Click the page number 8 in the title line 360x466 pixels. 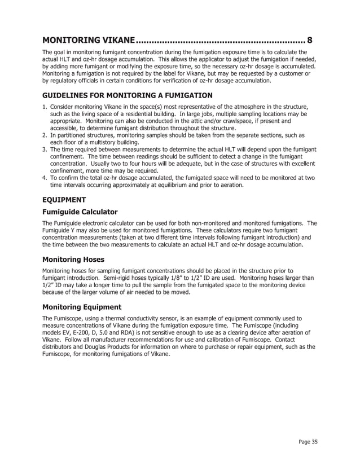click(309, 41)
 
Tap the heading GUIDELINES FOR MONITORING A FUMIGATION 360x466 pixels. click(128, 95)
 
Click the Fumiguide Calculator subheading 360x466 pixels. click(80, 212)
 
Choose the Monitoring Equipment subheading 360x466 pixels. click(82, 307)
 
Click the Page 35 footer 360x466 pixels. click(308, 442)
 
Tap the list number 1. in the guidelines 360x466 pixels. click(46, 106)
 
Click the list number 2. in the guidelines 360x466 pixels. click(46, 135)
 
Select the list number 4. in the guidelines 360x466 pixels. click(46, 178)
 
